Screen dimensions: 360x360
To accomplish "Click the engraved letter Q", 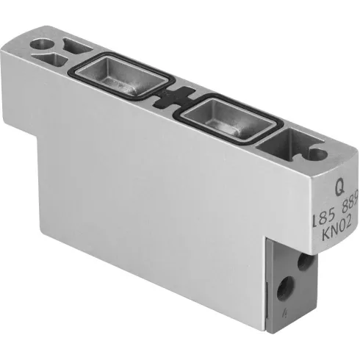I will [x=339, y=189].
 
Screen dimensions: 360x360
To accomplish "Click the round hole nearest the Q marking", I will [x=319, y=155].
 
